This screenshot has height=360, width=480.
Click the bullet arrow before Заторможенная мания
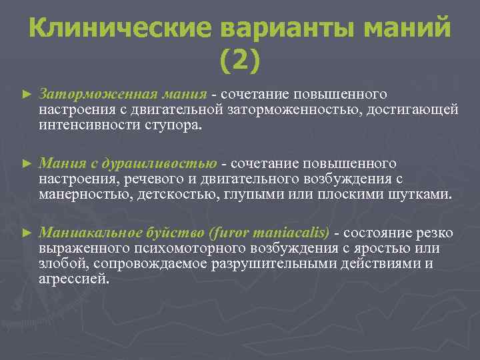(27, 95)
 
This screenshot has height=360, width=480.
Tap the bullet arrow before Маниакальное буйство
(27, 233)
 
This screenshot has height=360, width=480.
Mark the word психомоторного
(171, 248)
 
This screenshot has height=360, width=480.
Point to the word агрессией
(73, 279)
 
